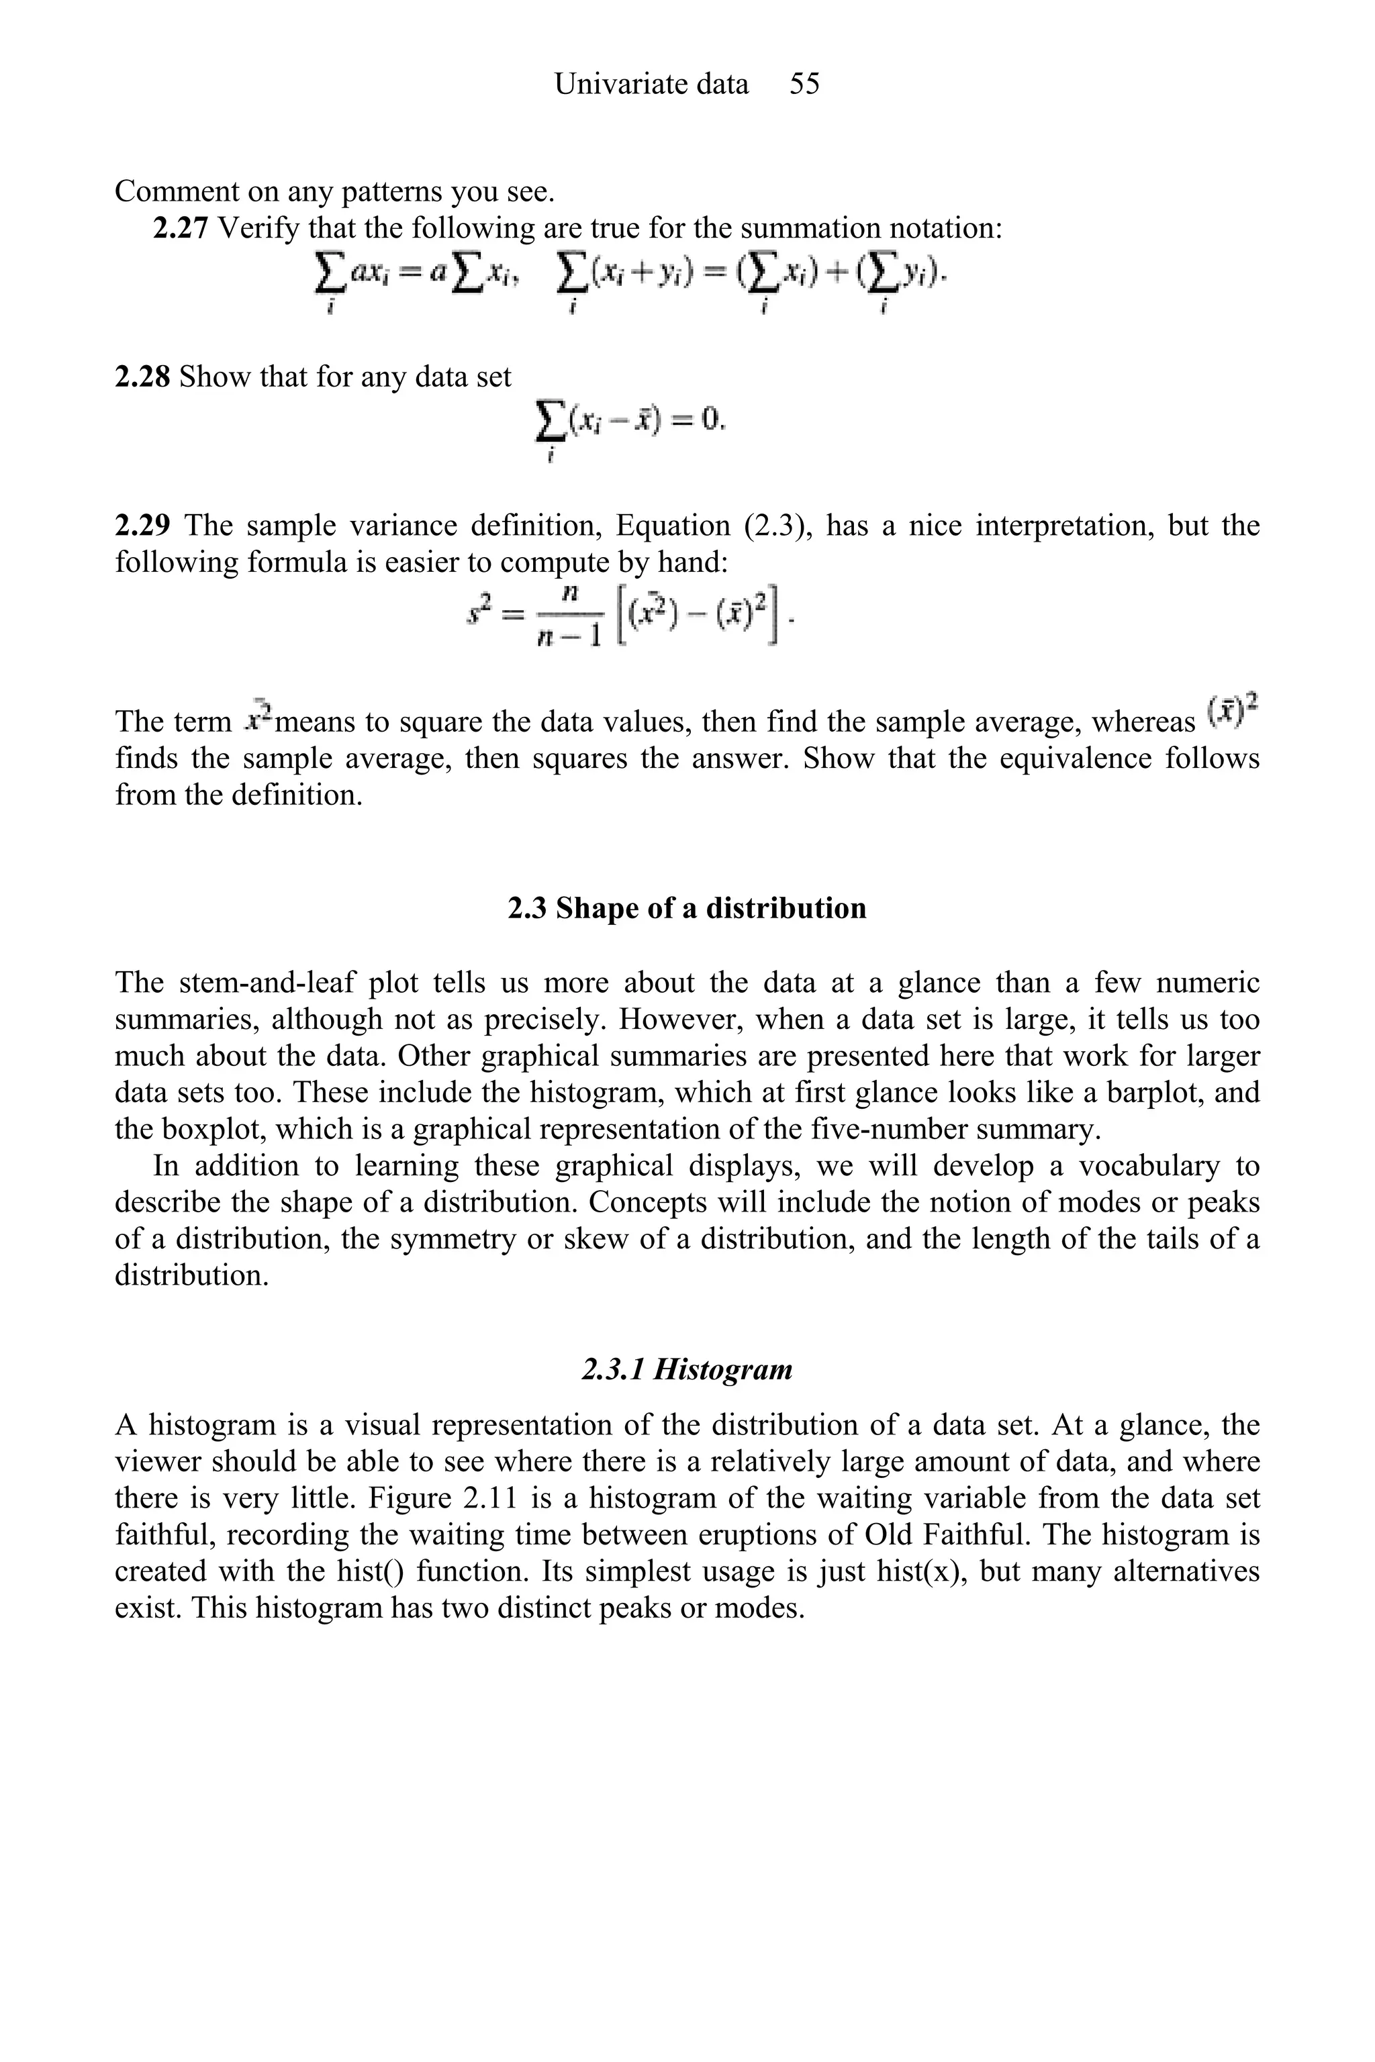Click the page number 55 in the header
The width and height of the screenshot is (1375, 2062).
[x=804, y=84]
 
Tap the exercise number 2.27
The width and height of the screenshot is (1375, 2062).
[x=181, y=228]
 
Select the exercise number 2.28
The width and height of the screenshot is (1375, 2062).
[x=142, y=377]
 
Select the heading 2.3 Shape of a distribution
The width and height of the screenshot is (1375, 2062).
[x=687, y=907]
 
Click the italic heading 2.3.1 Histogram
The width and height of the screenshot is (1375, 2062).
[x=687, y=1369]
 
